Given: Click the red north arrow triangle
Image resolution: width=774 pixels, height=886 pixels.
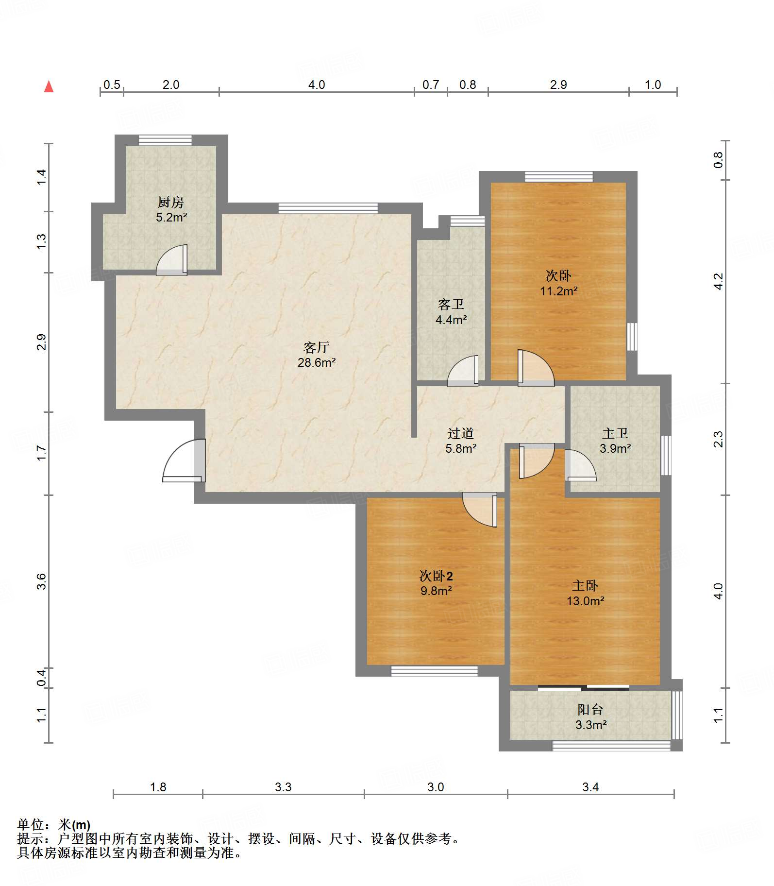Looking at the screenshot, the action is point(49,86).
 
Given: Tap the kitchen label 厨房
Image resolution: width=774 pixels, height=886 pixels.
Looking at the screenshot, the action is point(171,202).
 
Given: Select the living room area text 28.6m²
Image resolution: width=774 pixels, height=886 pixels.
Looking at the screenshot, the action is point(317,362).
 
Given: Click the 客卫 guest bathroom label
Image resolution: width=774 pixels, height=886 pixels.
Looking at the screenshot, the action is point(451,305).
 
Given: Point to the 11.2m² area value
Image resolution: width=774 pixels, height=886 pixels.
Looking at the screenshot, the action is point(559,291).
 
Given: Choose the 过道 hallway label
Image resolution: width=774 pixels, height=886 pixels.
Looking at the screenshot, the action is point(460,433).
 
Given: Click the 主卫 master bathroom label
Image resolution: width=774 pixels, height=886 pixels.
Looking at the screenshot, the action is point(615,433).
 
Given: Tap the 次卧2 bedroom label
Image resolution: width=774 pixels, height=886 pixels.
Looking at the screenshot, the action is point(436,576).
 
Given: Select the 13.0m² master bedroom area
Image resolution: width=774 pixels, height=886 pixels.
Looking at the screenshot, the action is point(586,601).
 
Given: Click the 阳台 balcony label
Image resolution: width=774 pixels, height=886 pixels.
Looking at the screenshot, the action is point(590,710).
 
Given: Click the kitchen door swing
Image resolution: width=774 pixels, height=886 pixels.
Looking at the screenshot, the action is point(172,260).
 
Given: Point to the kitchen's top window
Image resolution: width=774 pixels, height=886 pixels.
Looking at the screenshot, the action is point(165,140).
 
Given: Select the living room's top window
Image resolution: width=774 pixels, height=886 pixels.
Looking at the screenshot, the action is point(328,208).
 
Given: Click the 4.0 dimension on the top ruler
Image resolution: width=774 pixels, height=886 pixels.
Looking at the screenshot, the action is point(317,85).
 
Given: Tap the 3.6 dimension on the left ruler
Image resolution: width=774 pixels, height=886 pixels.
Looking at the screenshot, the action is point(42,581).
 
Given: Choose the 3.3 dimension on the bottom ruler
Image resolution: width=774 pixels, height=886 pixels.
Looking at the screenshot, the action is point(283,787).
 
